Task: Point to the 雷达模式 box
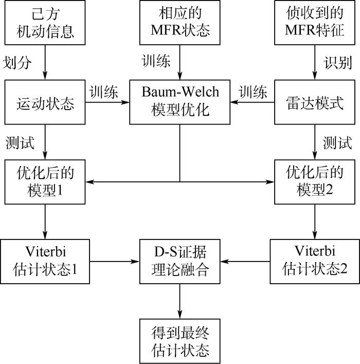coord(315,102)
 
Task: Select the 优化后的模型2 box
coord(315,181)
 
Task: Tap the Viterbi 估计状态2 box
coord(315,261)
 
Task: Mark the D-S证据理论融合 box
coord(179,261)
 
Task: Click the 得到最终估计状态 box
coord(179,341)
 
